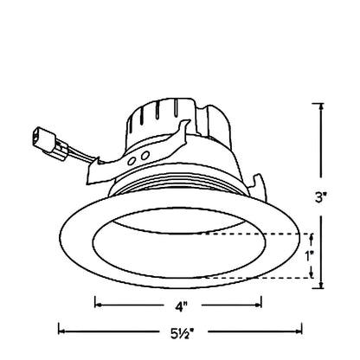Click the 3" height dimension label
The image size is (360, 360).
click(320, 197)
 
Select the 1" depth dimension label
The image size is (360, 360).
click(310, 256)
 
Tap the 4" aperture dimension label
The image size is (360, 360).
click(182, 306)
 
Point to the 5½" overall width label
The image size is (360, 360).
click(182, 333)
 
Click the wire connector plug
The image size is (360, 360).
click(46, 140)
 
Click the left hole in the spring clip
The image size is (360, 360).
click(132, 161)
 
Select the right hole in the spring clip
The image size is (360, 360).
click(145, 156)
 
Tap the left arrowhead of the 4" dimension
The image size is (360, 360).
click(98, 305)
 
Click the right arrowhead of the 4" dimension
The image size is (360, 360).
click(258, 305)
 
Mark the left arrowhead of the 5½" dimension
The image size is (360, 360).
click(62, 331)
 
